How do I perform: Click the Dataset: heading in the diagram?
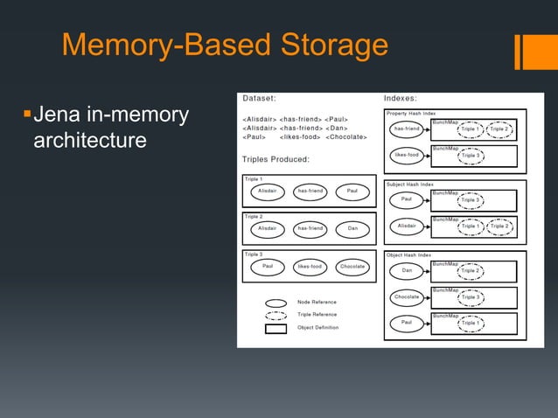point(259,99)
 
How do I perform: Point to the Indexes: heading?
point(401,99)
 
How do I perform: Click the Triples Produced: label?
point(282,159)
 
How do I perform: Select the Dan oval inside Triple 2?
point(352,228)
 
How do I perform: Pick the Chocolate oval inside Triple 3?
point(352,266)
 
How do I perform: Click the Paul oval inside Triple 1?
point(352,190)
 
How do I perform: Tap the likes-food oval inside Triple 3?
point(310,266)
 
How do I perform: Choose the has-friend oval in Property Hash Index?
point(407,129)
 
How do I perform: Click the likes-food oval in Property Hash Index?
point(407,157)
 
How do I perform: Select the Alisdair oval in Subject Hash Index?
point(407,226)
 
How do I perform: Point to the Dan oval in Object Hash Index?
point(407,270)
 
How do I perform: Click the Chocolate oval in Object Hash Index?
point(407,297)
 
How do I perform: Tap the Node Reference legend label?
point(317,303)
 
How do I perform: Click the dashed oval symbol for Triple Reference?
point(276,315)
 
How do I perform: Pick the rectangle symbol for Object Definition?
point(276,329)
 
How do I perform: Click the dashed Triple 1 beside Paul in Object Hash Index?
point(470,324)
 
